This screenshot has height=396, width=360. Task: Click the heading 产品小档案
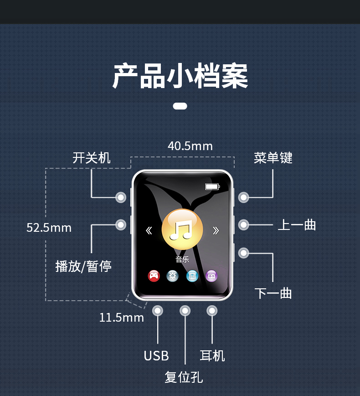click(x=180, y=76)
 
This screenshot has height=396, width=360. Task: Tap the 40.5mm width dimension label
click(x=190, y=146)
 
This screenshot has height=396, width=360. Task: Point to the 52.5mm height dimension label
click(x=49, y=228)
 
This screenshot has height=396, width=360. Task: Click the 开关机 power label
click(x=91, y=158)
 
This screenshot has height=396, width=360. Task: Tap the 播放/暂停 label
click(x=83, y=266)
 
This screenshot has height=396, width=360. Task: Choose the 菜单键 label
click(x=273, y=158)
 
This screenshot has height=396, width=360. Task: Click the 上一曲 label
click(x=297, y=225)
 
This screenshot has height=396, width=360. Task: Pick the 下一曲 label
click(x=273, y=293)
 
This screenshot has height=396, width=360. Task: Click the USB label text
click(x=156, y=356)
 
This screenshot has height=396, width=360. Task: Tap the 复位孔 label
click(x=184, y=377)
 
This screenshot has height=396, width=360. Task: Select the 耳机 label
click(x=212, y=356)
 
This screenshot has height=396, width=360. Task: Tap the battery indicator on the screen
click(x=212, y=187)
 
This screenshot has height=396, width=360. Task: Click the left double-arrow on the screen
click(x=149, y=230)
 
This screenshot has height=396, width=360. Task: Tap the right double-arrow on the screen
click(x=216, y=230)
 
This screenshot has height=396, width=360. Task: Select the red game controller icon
click(x=154, y=276)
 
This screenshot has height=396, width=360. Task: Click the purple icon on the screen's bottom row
click(x=211, y=276)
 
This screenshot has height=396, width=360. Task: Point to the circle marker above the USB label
click(x=158, y=311)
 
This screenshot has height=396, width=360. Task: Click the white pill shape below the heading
click(x=180, y=106)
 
